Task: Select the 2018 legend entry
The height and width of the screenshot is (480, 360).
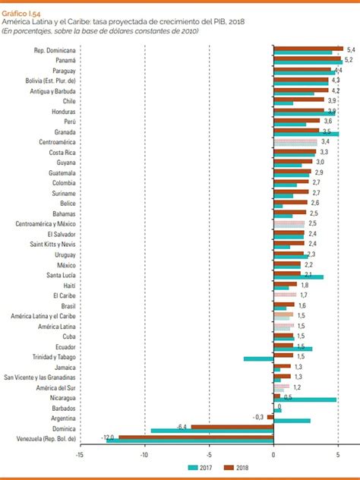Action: pos(250,468)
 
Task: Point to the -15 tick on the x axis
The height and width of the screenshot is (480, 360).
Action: pos(79,455)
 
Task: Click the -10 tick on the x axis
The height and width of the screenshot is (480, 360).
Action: pos(144,455)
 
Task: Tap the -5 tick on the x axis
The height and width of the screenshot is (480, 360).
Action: pos(209,455)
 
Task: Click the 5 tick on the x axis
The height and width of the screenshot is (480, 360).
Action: pos(338,455)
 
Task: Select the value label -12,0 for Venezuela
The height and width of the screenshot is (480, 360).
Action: pos(108,437)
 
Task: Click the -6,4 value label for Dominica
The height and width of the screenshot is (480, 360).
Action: pos(182,426)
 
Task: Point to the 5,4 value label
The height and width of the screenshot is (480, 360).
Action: pos(350,49)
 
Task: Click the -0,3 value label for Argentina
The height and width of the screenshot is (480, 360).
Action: pos(259,416)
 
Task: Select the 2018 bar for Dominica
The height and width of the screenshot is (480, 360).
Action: pos(232,427)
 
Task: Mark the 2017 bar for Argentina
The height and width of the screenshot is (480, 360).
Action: pos(292,420)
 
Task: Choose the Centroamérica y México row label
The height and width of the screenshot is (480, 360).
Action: pos(46,224)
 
